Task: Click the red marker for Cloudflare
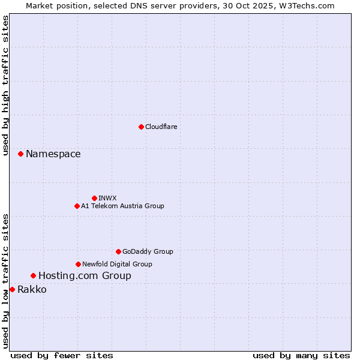[x=141, y=127]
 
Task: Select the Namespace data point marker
[x=20, y=154]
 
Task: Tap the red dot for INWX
[x=94, y=198]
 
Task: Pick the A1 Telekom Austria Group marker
[x=77, y=206]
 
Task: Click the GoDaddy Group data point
[x=118, y=251]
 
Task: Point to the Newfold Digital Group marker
[x=78, y=264]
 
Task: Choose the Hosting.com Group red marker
[x=33, y=275]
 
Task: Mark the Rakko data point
[x=12, y=289]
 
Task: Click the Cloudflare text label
[x=161, y=127]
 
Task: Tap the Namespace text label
[x=53, y=154]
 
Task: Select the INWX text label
[x=107, y=198]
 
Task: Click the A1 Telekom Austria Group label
[x=122, y=206]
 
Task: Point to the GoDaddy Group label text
[x=148, y=251]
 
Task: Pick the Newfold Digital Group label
[x=117, y=264]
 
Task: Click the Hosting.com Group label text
[x=85, y=276]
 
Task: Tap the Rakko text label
[x=32, y=290]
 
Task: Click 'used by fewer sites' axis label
[x=62, y=355]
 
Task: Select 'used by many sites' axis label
[x=301, y=355]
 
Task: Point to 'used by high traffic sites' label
[x=5, y=85]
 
